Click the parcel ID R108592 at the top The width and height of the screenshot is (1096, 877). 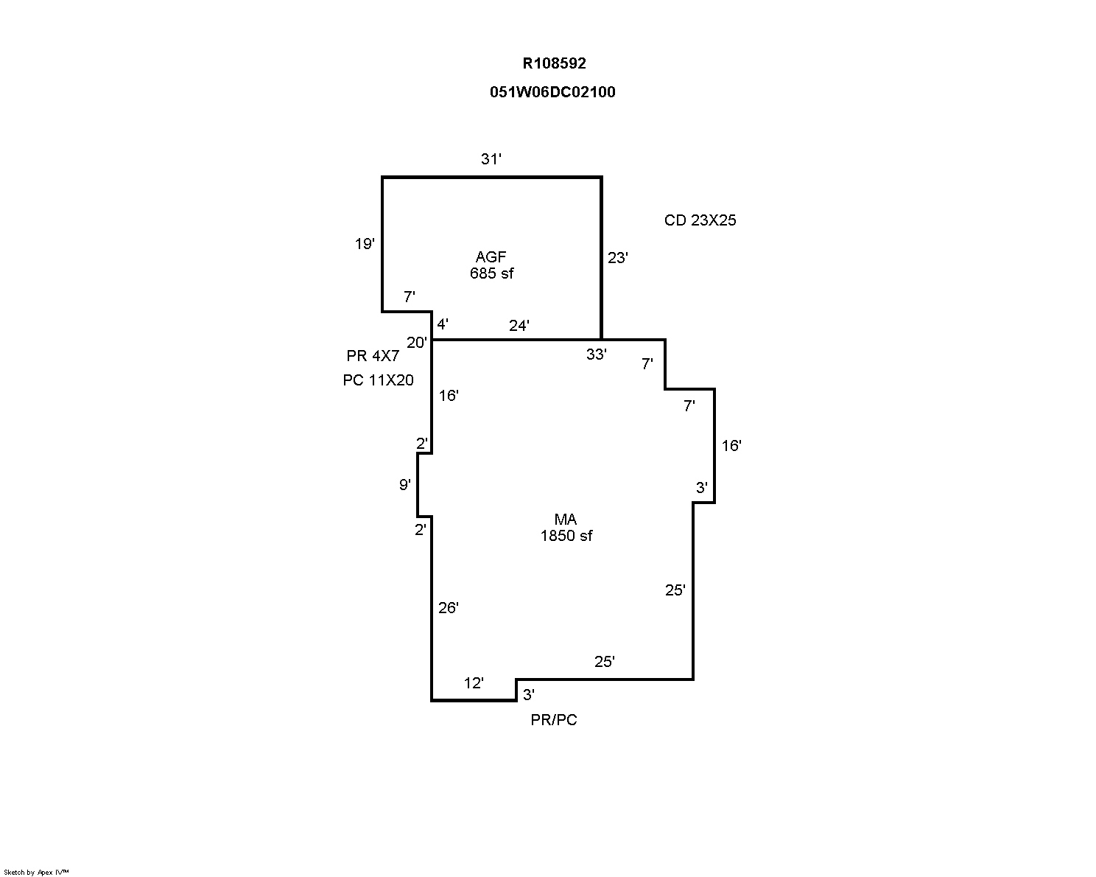(x=554, y=63)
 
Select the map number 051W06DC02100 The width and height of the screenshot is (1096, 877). (x=552, y=92)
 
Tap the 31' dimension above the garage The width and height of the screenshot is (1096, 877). (x=491, y=158)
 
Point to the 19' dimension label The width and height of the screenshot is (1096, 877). (x=365, y=244)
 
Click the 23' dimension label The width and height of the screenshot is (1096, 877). (x=617, y=258)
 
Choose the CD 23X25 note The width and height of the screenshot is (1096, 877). (x=700, y=220)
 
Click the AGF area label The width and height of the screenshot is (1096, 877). (x=491, y=257)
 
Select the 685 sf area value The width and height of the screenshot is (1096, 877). (x=491, y=273)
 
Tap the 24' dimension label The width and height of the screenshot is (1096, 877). (x=519, y=326)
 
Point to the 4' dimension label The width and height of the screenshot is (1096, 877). (x=443, y=324)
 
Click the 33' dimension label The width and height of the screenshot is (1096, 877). (x=597, y=354)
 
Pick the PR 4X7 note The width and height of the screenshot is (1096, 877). (x=373, y=357)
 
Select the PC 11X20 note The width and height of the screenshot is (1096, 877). (x=378, y=380)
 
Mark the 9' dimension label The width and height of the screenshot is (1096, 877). (x=405, y=485)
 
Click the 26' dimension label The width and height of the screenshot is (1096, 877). (x=449, y=608)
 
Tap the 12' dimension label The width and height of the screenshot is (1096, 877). (x=474, y=683)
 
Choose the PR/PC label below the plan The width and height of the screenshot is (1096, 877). (x=554, y=720)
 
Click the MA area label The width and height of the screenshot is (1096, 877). (x=566, y=520)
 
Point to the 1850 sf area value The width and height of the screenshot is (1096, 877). (x=566, y=537)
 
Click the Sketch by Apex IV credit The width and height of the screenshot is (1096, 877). (x=36, y=873)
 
